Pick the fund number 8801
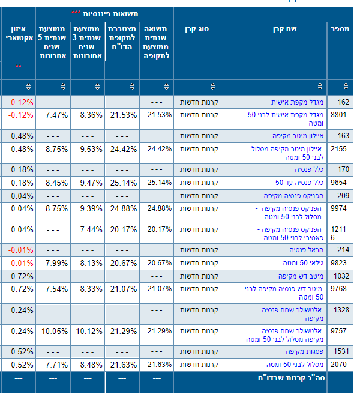coord(339,114)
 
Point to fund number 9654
coord(339,182)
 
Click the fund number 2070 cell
coord(339,365)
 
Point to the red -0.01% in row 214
coord(20,250)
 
